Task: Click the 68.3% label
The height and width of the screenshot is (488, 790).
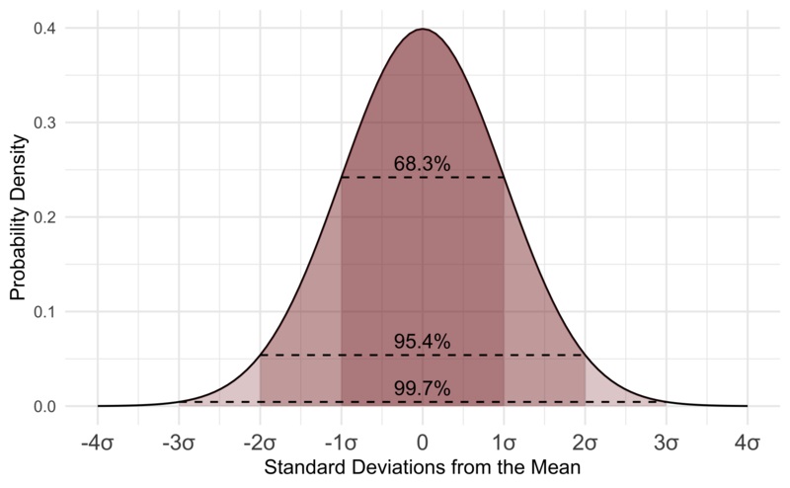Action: point(422,165)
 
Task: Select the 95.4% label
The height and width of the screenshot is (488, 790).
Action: point(422,342)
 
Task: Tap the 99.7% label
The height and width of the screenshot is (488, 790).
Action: point(422,389)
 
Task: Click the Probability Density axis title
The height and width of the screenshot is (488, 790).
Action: point(18,217)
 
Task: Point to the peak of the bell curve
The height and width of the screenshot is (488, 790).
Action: point(423,30)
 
